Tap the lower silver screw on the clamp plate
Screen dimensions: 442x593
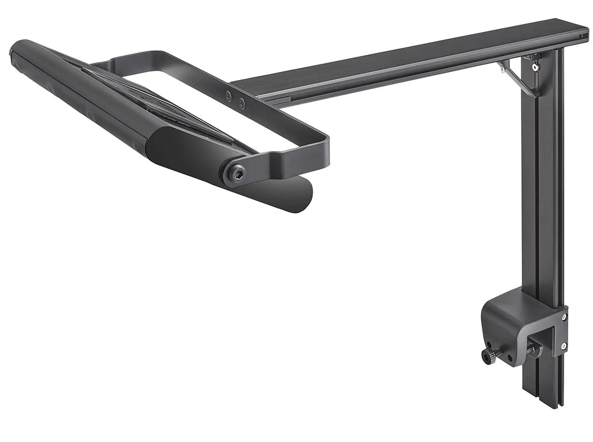(x=564, y=347)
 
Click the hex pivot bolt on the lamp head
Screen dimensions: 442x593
(x=237, y=174)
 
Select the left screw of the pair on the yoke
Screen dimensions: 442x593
(x=229, y=97)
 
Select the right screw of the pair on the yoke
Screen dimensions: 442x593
(x=242, y=104)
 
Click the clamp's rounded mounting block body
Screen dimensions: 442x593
(x=509, y=316)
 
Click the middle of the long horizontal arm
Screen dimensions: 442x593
(x=405, y=62)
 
